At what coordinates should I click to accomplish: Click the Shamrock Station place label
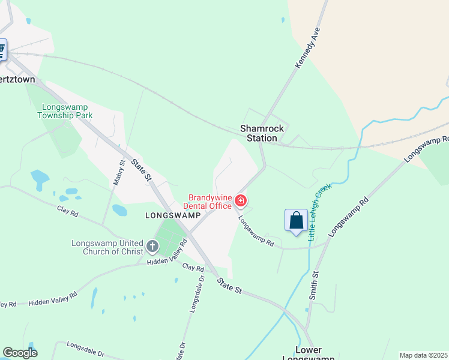point(259,133)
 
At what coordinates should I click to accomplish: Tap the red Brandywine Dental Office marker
point(241,200)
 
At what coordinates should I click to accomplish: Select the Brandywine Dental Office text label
point(210,202)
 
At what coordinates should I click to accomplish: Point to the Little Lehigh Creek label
point(320,213)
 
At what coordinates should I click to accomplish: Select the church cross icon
point(152,245)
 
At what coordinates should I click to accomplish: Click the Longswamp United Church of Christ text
point(107,248)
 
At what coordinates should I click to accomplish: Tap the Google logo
point(20,353)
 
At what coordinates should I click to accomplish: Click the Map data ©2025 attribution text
point(423,355)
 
